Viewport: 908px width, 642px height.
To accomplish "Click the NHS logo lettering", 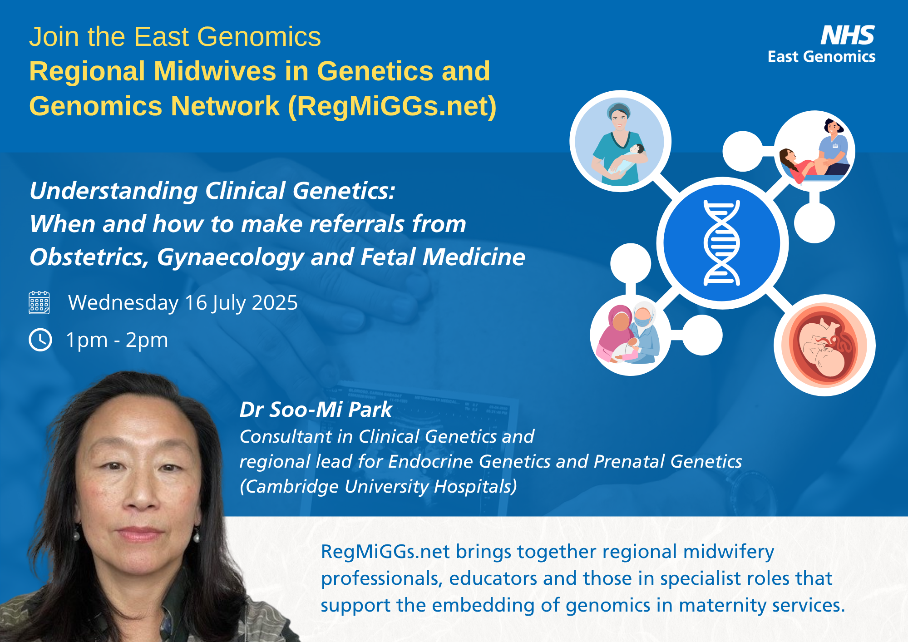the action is (848, 35).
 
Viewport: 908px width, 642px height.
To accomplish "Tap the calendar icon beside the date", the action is (39, 302).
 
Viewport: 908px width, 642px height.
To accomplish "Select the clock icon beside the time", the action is (40, 340).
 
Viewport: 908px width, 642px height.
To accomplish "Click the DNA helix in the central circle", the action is (722, 243).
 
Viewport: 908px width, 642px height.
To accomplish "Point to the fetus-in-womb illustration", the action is (825, 346).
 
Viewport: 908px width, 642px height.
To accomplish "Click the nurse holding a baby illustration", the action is (620, 142).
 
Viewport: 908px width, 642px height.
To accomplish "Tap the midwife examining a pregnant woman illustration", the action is (814, 151).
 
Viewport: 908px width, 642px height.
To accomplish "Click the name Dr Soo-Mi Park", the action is (316, 410).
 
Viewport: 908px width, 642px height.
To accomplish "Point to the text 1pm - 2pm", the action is (117, 340).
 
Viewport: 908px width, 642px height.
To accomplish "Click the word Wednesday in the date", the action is (123, 303).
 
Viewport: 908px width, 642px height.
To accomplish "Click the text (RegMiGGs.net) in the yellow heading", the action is (392, 107).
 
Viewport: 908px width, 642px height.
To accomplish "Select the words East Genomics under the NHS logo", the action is (821, 57).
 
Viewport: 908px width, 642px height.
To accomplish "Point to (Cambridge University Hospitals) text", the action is (378, 487).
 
